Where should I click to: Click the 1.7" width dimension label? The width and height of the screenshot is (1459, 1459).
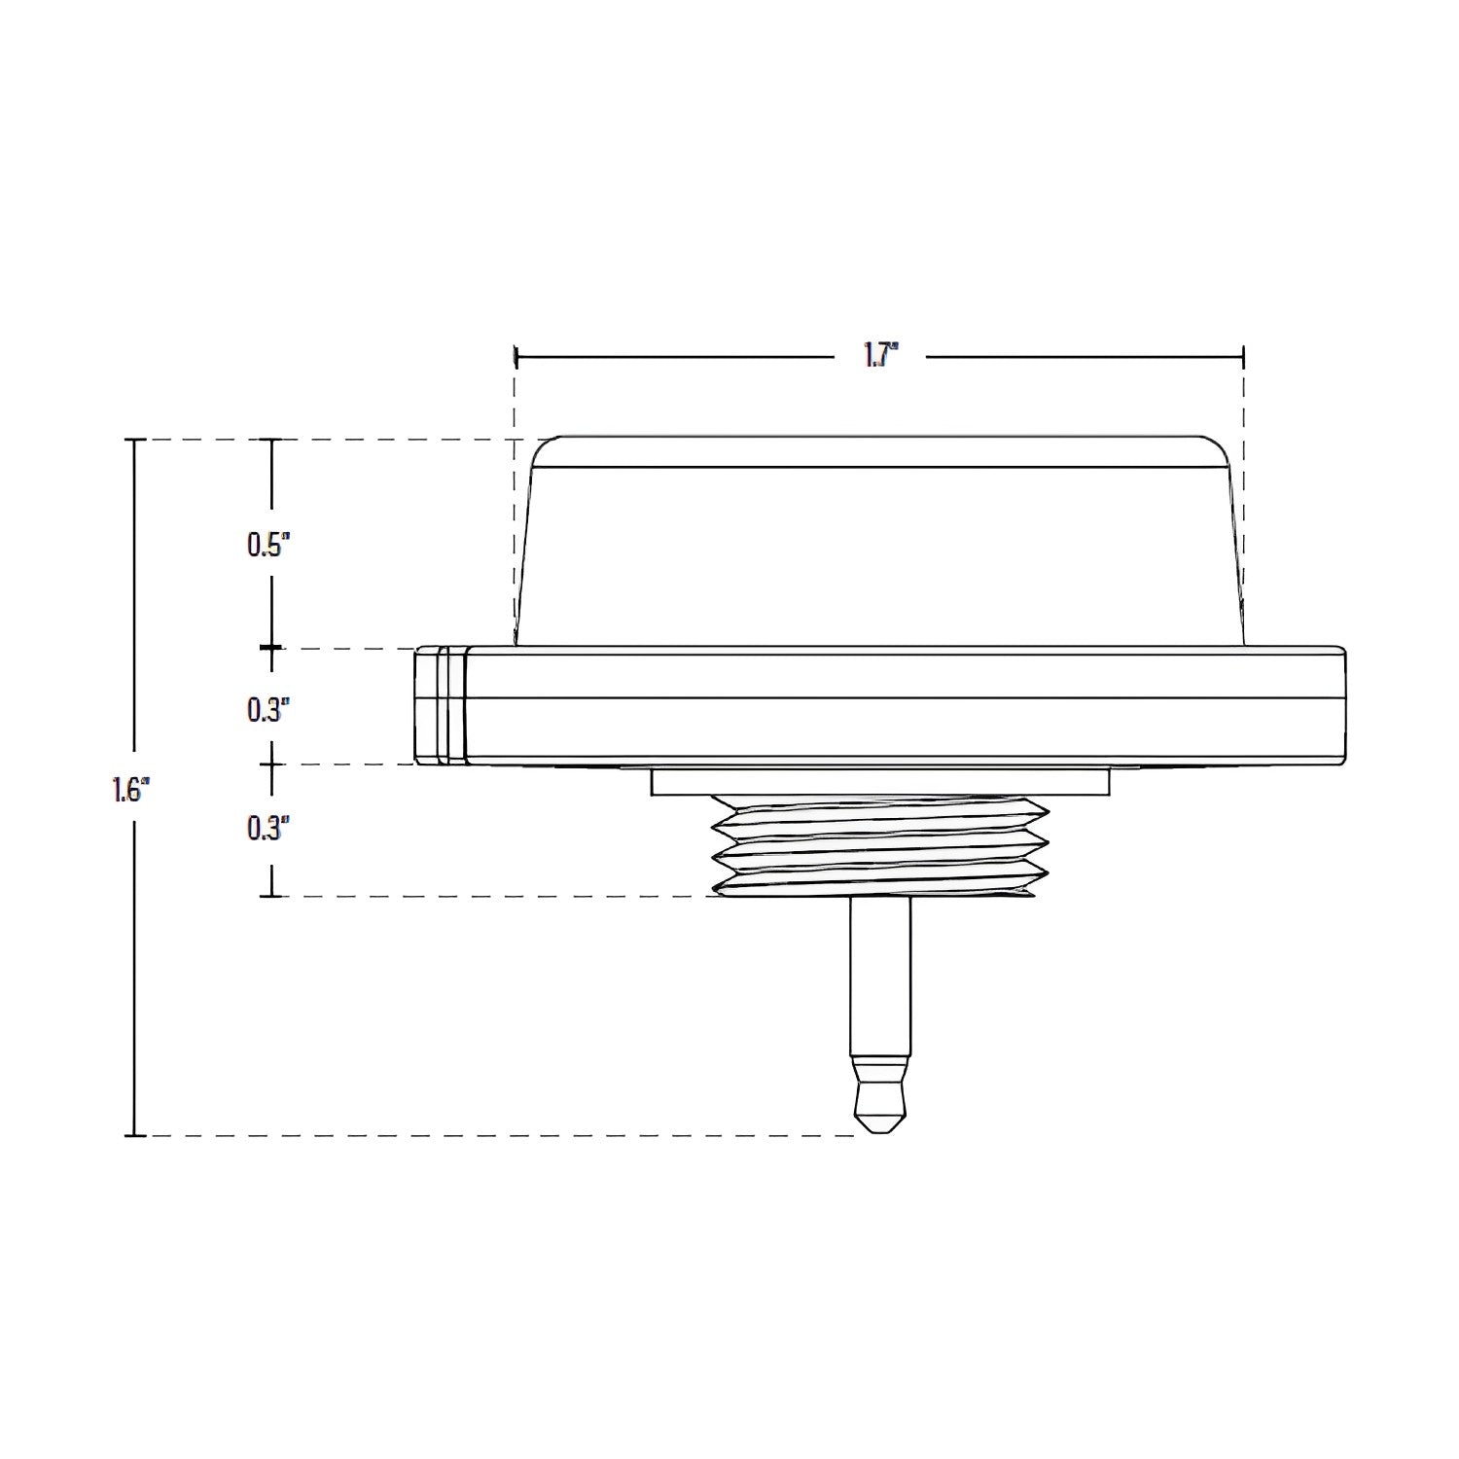[879, 357]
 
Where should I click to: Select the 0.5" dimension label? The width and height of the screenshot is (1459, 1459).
[268, 545]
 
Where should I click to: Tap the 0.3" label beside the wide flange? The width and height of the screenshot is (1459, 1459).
[268, 710]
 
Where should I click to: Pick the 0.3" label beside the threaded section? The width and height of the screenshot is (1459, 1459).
[268, 829]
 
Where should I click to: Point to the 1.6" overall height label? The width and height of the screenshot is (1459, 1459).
[129, 790]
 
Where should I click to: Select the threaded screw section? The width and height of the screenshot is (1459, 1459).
[881, 845]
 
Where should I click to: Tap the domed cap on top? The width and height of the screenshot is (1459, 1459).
[879, 541]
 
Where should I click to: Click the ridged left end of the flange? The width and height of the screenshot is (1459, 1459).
[441, 705]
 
